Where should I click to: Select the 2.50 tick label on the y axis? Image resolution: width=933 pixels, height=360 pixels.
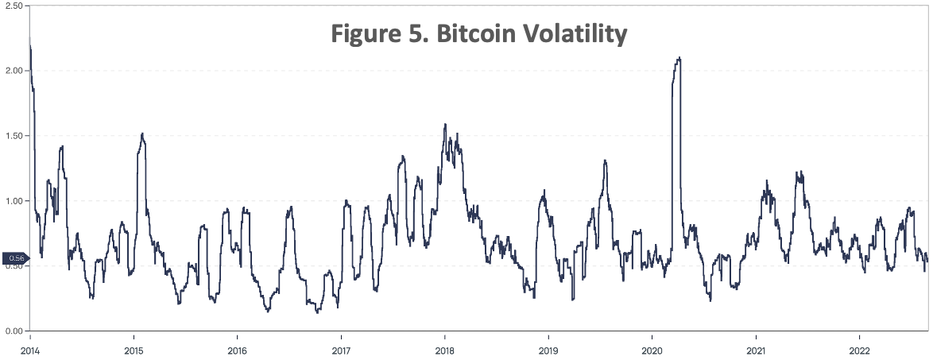coord(14,6)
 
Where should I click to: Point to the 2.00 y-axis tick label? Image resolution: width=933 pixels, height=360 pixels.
coord(14,71)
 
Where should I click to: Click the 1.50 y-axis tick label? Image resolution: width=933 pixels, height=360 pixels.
coord(14,136)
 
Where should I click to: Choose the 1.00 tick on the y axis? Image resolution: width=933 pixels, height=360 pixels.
coord(14,201)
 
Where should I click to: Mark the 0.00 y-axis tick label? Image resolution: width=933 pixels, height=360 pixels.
coord(14,331)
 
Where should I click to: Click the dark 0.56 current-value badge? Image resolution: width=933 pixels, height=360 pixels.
coord(14,258)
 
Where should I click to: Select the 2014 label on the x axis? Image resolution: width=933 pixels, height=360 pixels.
coord(29,350)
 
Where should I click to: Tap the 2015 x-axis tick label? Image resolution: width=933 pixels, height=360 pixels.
coord(133,350)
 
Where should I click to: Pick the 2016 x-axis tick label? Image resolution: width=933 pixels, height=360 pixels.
coord(237,350)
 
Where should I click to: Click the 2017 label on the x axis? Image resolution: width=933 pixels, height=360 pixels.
coord(340,350)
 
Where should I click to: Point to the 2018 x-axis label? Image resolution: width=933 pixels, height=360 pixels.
coord(444,350)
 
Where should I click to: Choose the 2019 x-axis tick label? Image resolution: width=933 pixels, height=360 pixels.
coord(548,350)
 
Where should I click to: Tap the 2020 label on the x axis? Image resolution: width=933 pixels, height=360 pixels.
coord(652,350)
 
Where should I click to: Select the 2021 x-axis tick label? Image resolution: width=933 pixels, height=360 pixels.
coord(756,350)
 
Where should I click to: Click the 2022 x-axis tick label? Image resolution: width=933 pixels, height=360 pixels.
coord(859,350)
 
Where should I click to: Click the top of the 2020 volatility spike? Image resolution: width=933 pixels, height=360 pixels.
coord(679,58)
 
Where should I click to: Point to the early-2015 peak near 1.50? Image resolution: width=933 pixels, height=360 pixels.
coord(142,134)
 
